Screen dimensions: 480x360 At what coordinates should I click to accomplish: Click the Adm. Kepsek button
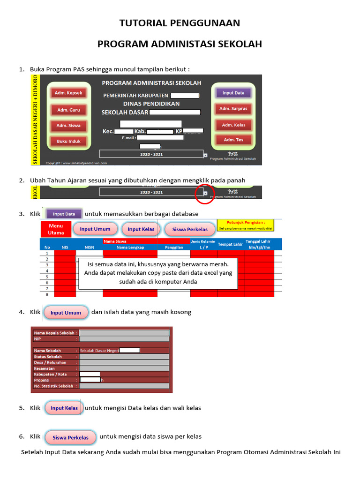68,93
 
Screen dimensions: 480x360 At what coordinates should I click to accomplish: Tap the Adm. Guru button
68,110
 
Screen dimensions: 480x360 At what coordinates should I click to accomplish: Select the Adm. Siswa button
68,126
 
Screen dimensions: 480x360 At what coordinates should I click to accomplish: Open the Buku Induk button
68,141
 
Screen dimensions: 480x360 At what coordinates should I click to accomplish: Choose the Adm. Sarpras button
233,109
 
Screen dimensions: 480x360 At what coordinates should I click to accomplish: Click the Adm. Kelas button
233,125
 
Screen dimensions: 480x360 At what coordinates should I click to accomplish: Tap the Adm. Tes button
233,140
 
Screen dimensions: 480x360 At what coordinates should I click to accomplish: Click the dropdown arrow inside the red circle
205,193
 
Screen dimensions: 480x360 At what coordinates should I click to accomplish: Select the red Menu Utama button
56,229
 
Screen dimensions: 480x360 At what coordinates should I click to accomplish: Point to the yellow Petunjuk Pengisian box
246,225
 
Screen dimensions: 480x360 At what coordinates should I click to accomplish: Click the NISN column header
89,247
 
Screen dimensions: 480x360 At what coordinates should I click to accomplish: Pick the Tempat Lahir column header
231,244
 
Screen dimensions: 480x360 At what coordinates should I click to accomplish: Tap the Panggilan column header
174,247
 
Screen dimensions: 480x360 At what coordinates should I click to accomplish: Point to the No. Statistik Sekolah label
54,386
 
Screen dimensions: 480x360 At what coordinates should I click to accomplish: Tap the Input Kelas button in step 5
64,408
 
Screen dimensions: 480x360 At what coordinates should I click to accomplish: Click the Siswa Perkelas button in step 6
70,438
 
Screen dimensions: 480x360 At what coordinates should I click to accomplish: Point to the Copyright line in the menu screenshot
76,163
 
